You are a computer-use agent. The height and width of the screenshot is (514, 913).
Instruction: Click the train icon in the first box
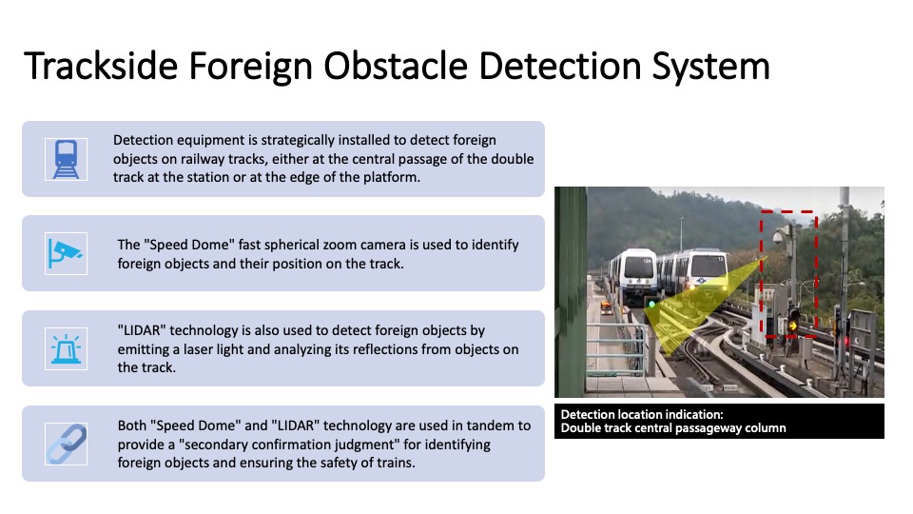tap(66, 159)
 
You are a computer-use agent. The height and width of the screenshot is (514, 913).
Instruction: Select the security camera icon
tap(66, 253)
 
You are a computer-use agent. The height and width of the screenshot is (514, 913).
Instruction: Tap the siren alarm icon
tap(66, 348)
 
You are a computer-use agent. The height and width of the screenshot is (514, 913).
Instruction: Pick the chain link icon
tap(66, 444)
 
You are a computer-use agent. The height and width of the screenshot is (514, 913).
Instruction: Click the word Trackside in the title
tap(101, 66)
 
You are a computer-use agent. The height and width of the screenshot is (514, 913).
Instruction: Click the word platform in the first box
tap(391, 177)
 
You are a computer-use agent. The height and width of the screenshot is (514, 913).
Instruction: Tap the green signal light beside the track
tap(652, 305)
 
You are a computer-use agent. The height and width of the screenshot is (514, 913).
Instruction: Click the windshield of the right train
tap(709, 267)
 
